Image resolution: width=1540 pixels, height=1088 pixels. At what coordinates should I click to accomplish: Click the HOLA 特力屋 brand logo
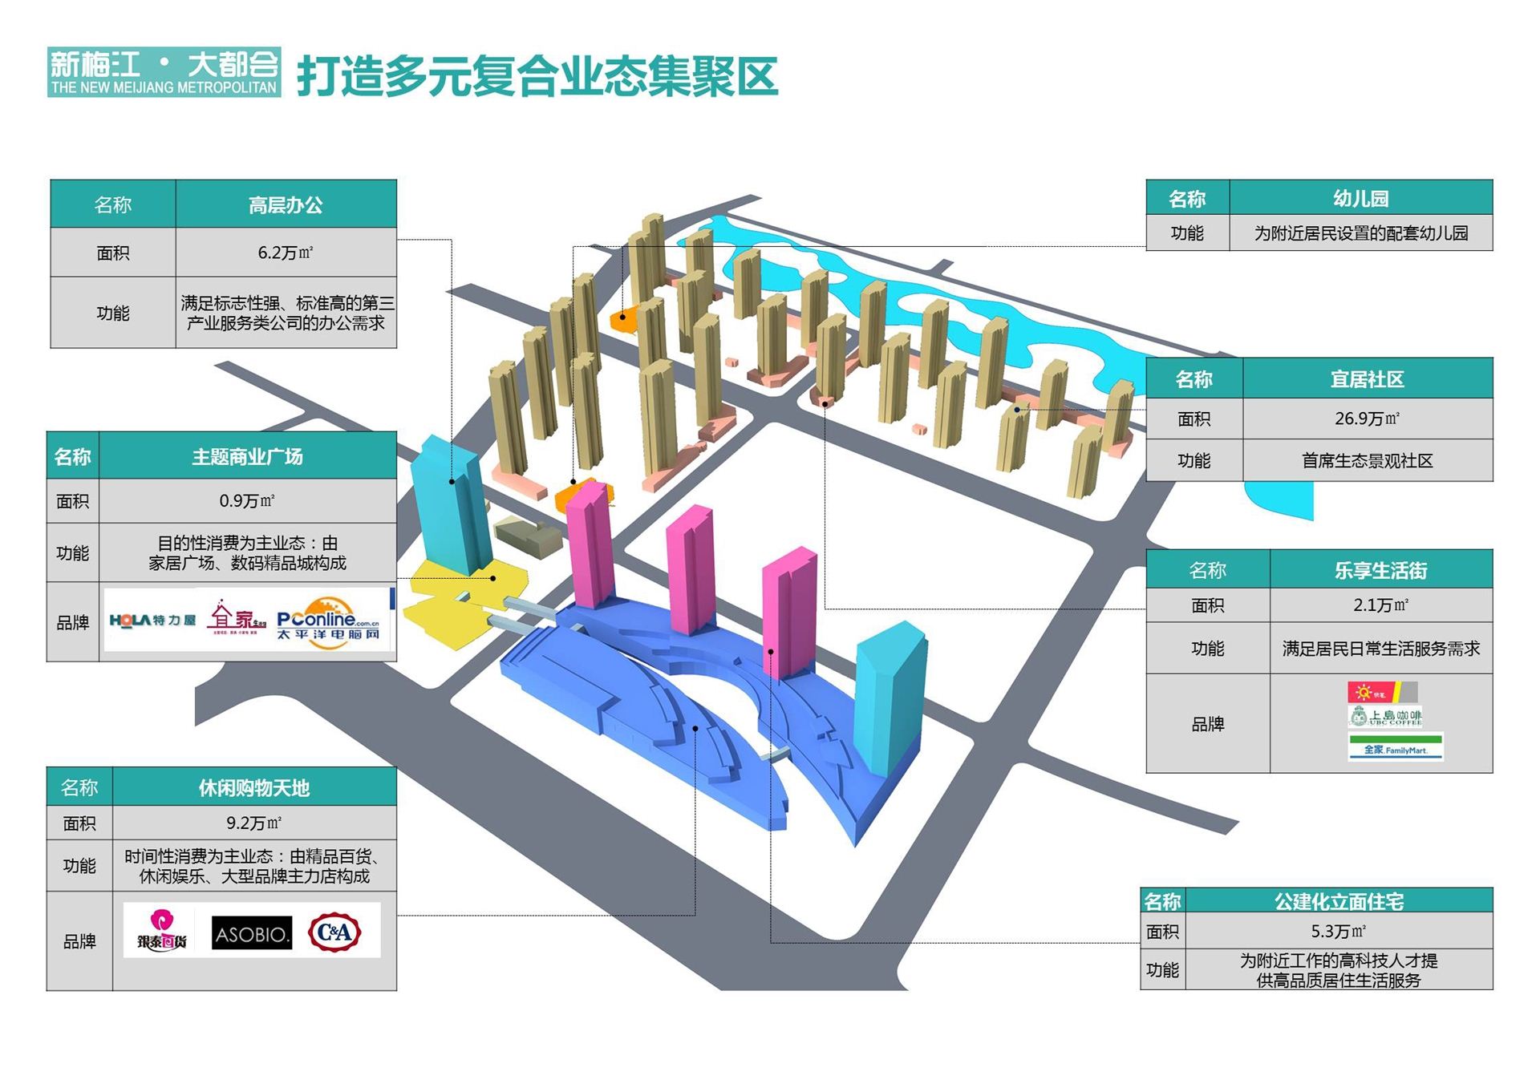(x=152, y=621)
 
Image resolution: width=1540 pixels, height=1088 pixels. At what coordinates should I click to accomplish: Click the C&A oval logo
(x=334, y=932)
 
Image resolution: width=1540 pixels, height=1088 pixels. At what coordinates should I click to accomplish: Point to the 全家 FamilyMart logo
(x=1396, y=748)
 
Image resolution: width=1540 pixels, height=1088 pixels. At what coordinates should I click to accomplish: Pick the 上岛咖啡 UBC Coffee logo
(x=1386, y=716)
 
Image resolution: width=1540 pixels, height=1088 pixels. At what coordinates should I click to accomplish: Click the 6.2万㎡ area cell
(x=286, y=253)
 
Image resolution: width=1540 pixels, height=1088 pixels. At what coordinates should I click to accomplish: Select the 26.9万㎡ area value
(x=1367, y=419)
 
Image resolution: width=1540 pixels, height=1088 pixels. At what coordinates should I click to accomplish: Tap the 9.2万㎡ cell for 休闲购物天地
(x=253, y=823)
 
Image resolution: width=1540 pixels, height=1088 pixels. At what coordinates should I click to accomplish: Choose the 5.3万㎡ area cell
(x=1338, y=931)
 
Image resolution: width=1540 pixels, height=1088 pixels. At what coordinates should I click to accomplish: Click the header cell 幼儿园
(x=1360, y=198)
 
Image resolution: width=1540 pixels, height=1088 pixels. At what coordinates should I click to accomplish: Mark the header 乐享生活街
(x=1380, y=570)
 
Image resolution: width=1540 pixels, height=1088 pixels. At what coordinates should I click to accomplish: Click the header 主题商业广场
(x=247, y=457)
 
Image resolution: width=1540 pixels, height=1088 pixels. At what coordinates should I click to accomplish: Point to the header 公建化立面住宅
(x=1338, y=901)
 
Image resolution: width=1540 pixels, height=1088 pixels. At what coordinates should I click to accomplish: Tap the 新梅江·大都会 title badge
(x=164, y=72)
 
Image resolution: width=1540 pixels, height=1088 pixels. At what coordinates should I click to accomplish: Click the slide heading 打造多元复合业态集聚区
(x=537, y=75)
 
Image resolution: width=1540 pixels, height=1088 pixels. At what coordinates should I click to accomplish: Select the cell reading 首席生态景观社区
(x=1367, y=461)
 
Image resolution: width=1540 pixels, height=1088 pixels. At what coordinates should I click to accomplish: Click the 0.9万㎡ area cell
(x=247, y=501)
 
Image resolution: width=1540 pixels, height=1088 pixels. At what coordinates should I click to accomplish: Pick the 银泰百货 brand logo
(x=161, y=932)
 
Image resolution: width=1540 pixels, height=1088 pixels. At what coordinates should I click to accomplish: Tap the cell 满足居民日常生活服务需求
(x=1380, y=648)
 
